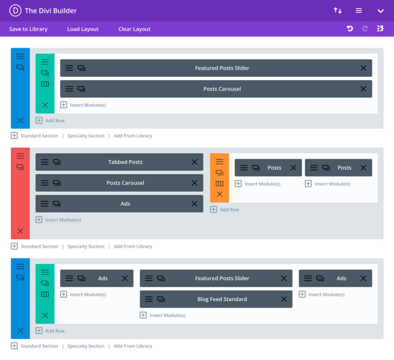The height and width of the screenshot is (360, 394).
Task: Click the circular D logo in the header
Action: [15, 10]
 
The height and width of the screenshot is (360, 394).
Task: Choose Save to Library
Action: [28, 29]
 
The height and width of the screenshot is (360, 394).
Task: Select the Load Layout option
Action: [83, 29]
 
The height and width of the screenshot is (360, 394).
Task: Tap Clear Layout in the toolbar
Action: [134, 29]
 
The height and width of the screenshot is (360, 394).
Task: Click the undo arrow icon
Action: [350, 29]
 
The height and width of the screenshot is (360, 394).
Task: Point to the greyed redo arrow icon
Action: [365, 29]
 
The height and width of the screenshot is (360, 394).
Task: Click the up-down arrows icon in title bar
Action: [337, 11]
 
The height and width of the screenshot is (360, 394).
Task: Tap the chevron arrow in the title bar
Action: [380, 11]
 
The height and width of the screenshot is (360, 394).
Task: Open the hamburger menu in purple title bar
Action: [359, 11]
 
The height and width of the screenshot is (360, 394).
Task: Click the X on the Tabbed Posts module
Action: [194, 162]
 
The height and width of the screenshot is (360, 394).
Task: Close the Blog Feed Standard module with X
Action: [283, 299]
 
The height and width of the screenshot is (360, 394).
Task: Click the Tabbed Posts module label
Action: [125, 162]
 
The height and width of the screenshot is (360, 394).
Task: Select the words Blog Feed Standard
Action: [222, 299]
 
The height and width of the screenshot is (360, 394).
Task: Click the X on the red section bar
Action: [20, 231]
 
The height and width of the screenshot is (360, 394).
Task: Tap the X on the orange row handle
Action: [219, 194]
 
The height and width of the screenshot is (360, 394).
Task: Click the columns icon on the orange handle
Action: [219, 183]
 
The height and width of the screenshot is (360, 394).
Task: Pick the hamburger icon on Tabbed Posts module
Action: [44, 162]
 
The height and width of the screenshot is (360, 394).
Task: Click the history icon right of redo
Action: [380, 29]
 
